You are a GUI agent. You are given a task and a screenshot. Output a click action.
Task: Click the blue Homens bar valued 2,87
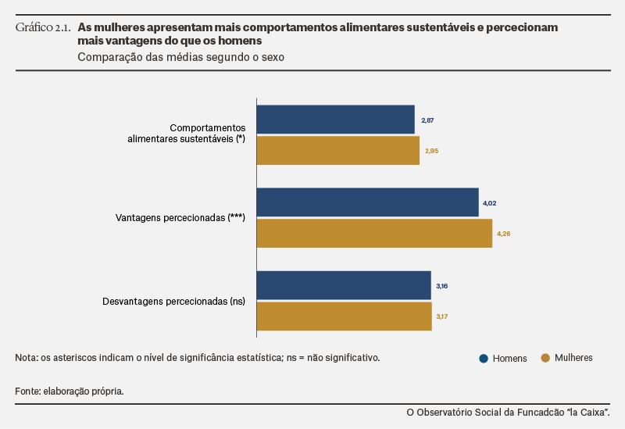(336, 120)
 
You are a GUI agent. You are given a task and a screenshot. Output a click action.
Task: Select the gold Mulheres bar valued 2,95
(338, 150)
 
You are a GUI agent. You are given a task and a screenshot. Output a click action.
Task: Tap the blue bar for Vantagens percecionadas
(368, 202)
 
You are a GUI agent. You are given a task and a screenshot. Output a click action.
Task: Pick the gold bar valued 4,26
(375, 233)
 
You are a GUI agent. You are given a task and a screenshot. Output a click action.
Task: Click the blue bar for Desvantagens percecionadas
(344, 285)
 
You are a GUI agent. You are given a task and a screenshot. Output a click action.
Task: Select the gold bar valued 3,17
(345, 316)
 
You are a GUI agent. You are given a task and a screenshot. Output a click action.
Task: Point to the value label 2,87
(427, 120)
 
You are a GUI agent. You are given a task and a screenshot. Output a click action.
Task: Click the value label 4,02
(490, 203)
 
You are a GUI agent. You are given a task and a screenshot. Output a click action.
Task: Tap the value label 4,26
(503, 234)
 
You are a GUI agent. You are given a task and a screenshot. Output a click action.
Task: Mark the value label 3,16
(442, 286)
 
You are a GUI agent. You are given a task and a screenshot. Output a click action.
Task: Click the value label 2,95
(432, 151)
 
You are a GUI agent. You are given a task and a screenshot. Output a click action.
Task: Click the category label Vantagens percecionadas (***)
(180, 218)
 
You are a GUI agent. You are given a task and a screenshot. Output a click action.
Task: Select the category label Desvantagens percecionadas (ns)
(173, 302)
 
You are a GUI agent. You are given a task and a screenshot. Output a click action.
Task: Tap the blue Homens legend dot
(484, 359)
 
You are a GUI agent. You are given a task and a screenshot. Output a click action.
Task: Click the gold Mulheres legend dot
(545, 358)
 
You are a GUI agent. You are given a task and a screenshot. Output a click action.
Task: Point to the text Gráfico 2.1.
(43, 27)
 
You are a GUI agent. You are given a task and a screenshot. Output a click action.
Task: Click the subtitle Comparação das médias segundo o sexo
(181, 57)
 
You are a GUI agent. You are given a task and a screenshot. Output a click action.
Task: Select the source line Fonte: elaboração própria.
(70, 391)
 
